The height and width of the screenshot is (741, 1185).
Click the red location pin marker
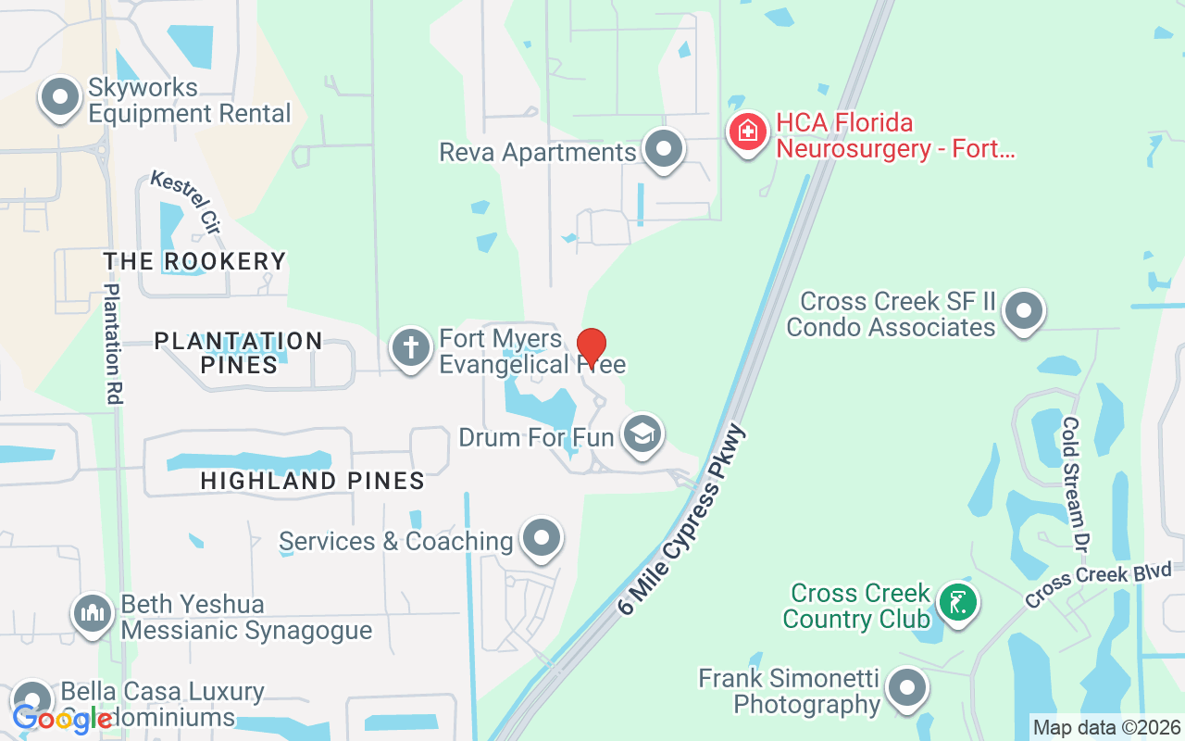click(x=592, y=347)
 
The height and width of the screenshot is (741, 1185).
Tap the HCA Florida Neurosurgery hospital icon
click(x=748, y=132)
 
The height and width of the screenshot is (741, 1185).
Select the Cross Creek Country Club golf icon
click(x=957, y=603)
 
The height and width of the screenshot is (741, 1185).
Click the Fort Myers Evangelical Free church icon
click(x=411, y=348)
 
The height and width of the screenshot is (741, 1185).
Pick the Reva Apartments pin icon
click(x=663, y=148)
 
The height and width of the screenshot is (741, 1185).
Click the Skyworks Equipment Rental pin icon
click(x=61, y=97)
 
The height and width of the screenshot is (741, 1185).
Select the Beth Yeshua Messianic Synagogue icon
click(x=93, y=614)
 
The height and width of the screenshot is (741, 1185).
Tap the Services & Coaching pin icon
click(x=542, y=537)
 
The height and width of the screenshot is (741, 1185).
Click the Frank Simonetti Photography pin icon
click(x=906, y=688)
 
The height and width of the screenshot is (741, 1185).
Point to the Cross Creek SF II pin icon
click(x=1023, y=311)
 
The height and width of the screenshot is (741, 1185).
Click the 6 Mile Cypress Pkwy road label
click(x=681, y=521)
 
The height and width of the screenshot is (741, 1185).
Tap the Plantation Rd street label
click(x=113, y=344)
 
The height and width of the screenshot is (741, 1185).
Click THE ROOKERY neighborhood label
click(x=194, y=261)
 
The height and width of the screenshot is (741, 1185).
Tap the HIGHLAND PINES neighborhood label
click(x=313, y=481)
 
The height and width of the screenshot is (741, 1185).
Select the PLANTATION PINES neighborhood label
click(x=239, y=353)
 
